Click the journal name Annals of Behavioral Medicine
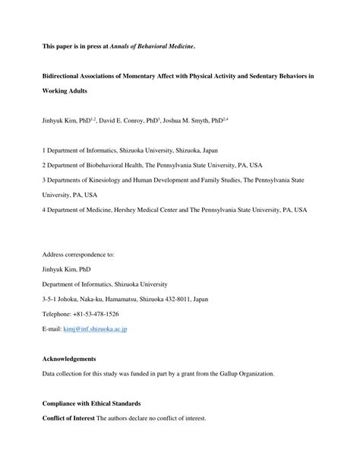[151, 46]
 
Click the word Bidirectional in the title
[66, 78]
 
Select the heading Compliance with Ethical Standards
[92, 403]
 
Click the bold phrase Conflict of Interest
[71, 418]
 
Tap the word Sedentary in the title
[272, 78]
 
